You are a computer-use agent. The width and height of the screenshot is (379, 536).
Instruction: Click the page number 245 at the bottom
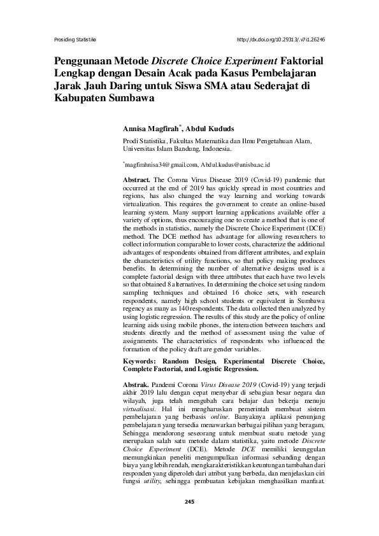pos(189,520)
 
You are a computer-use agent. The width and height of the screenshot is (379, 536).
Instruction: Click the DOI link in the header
pos(280,39)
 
